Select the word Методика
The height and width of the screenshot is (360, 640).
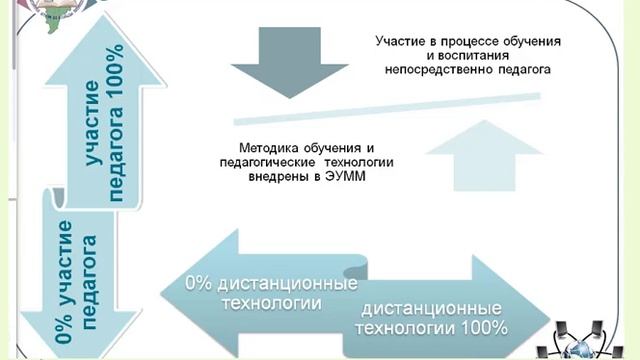270,144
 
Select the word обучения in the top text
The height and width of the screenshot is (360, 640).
527,41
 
